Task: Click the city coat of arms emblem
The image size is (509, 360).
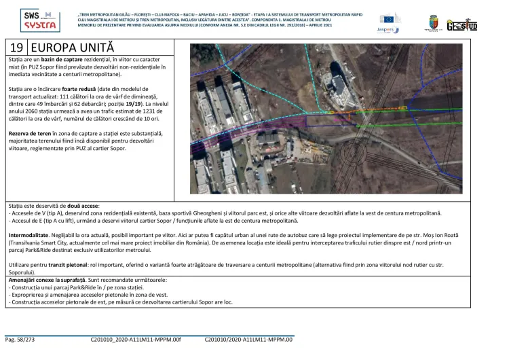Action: coord(432,23)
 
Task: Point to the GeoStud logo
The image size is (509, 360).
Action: coord(462,24)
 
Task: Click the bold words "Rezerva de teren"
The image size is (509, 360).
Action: coord(30,134)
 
